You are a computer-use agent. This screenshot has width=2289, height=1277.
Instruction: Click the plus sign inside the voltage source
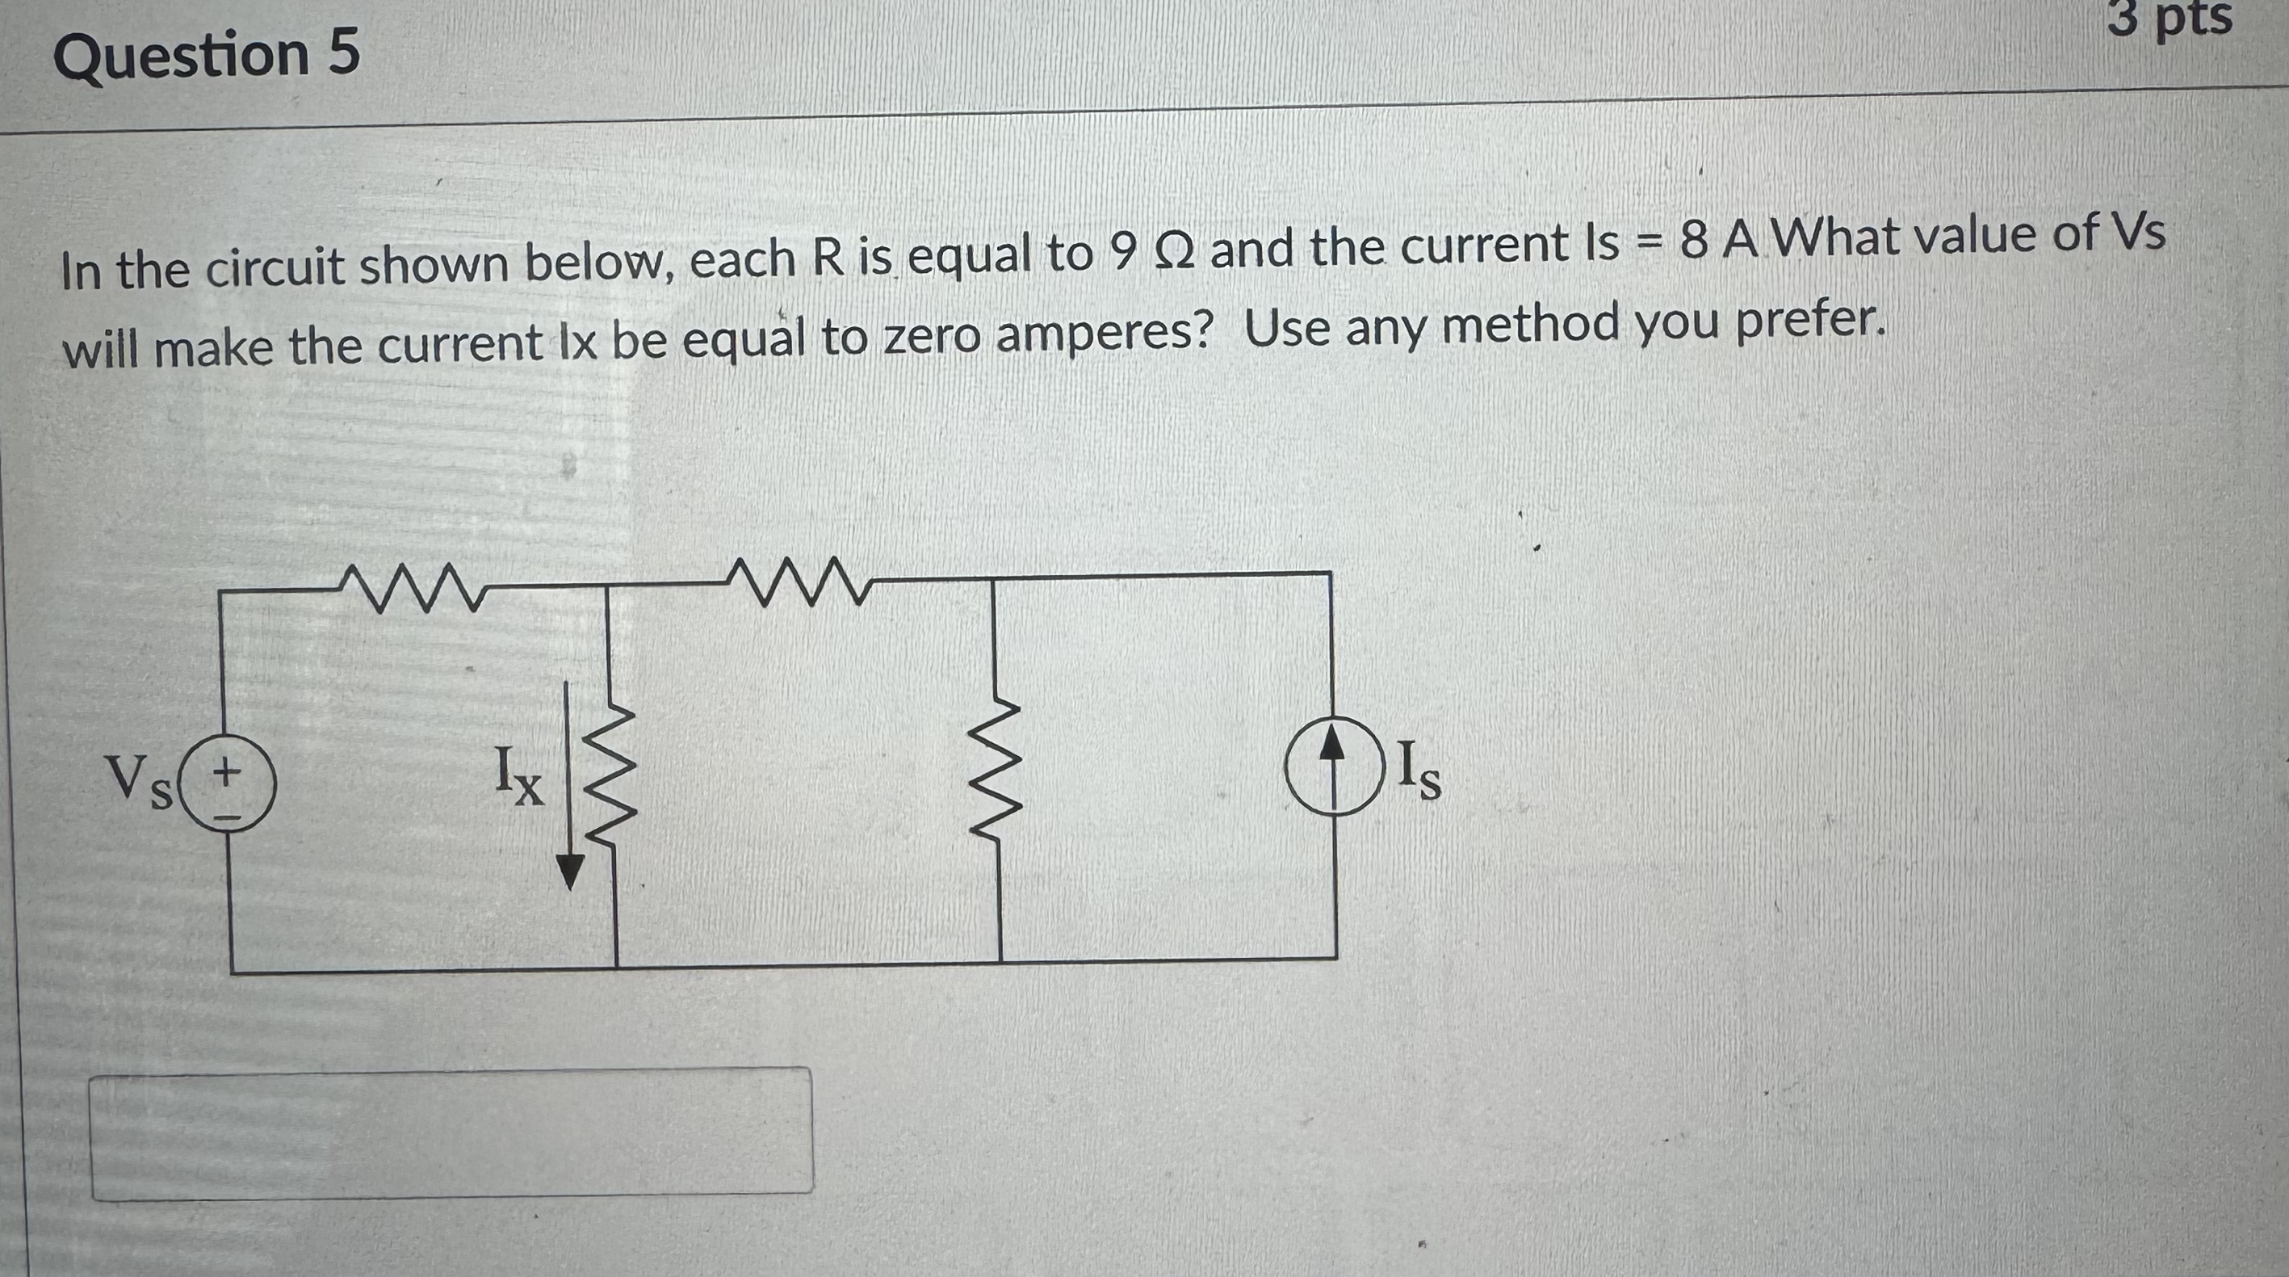coord(228,767)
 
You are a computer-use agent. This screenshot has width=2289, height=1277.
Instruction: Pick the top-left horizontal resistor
coord(410,587)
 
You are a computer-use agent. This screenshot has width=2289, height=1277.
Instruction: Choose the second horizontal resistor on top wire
coord(796,582)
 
